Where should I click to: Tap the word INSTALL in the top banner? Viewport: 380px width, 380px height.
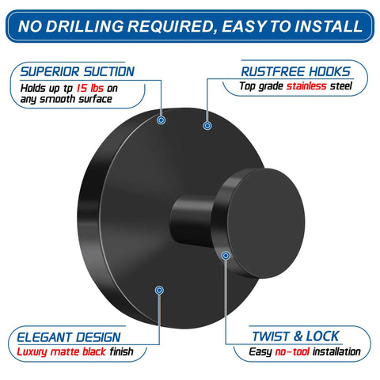tap(329, 26)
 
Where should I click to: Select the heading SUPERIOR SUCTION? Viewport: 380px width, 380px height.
tap(78, 71)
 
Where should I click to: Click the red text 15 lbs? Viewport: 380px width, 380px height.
tap(90, 88)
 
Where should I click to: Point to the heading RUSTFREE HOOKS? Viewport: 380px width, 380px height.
tap(295, 71)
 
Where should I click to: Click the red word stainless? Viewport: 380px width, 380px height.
tap(306, 86)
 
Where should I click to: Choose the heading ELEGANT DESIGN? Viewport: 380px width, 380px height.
tap(69, 337)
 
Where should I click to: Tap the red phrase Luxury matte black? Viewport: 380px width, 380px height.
tap(61, 352)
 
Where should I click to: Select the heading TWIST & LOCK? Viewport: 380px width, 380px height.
tap(295, 336)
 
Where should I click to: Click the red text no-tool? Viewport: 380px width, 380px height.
tap(292, 351)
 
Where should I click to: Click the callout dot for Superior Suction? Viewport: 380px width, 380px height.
tap(161, 120)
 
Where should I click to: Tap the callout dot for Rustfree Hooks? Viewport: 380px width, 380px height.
tap(207, 126)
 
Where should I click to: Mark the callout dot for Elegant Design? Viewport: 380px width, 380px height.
tap(159, 291)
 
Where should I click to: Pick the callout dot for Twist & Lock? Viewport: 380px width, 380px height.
tap(226, 256)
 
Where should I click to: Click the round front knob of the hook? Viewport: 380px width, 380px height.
tap(265, 223)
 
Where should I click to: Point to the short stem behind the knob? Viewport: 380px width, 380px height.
tap(192, 221)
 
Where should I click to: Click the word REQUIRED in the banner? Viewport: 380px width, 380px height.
tap(171, 26)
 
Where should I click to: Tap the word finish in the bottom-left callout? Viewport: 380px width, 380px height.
tap(122, 351)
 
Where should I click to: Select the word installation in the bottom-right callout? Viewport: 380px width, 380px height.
tap(336, 351)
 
